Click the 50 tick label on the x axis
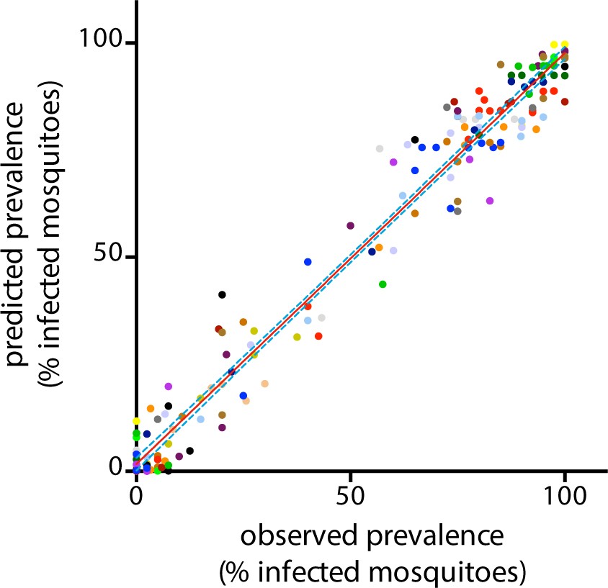[350, 497]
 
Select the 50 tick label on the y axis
[108, 258]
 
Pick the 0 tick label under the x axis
[136, 497]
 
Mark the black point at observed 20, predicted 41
[222, 294]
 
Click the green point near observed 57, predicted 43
[383, 284]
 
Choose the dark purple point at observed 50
[350, 225]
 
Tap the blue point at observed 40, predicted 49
[308, 262]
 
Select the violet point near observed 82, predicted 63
[490, 201]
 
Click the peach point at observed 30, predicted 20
[264, 384]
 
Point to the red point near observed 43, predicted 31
[318, 336]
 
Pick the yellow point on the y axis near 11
[136, 421]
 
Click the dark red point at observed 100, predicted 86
[565, 101]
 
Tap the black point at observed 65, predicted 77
[415, 140]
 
